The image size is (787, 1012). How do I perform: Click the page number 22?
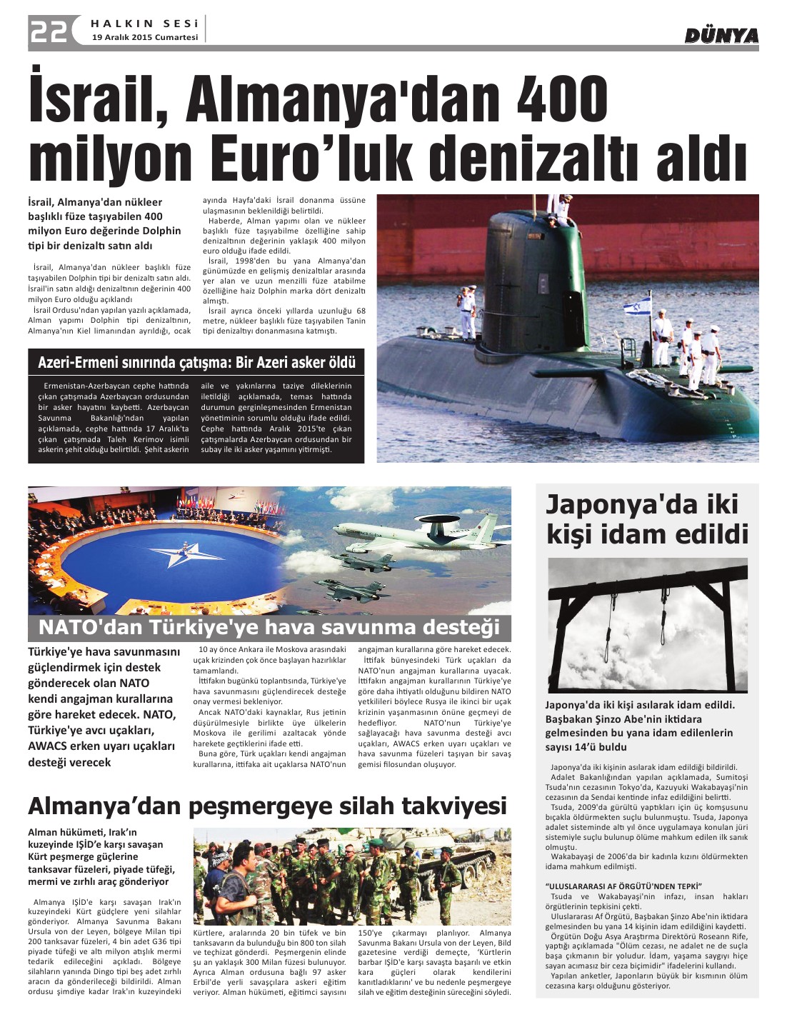(x=49, y=31)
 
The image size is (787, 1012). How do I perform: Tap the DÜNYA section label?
(x=721, y=36)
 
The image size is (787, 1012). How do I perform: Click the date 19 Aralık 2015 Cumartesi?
(x=145, y=38)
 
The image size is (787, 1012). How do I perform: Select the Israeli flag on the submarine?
(x=637, y=309)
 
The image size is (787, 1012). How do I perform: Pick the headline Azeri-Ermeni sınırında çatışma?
(x=196, y=363)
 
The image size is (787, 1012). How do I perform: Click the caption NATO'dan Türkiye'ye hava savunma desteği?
(x=269, y=628)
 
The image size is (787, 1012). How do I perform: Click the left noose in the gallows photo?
(x=613, y=607)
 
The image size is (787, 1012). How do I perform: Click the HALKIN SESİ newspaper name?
(x=145, y=24)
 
